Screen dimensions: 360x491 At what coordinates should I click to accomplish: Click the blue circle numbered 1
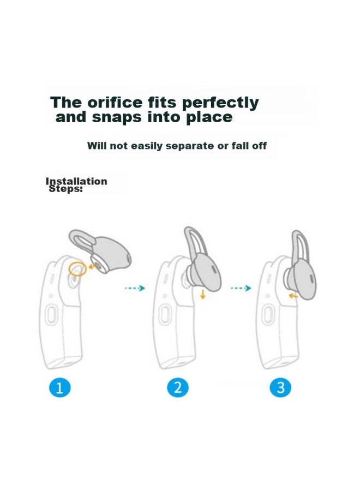tap(60, 388)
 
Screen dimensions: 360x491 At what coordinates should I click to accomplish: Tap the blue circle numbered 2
tap(178, 388)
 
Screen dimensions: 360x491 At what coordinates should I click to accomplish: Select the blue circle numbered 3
tap(280, 388)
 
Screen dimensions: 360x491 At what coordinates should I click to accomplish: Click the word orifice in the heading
tap(115, 103)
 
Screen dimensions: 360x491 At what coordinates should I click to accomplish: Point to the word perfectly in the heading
tap(220, 103)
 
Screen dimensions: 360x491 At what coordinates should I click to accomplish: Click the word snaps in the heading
tap(117, 117)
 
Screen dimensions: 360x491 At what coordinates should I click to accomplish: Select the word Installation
tap(76, 181)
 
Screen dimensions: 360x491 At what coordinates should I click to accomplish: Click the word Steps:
tap(66, 189)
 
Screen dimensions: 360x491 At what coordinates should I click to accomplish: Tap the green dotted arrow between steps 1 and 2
tap(135, 288)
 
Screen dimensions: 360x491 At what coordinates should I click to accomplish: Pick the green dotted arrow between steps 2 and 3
tap(241, 288)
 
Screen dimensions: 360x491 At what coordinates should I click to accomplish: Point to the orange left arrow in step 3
tap(293, 295)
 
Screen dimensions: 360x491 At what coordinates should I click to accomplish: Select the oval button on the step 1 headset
tap(51, 315)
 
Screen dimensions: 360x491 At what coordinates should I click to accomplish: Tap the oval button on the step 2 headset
tap(165, 315)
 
